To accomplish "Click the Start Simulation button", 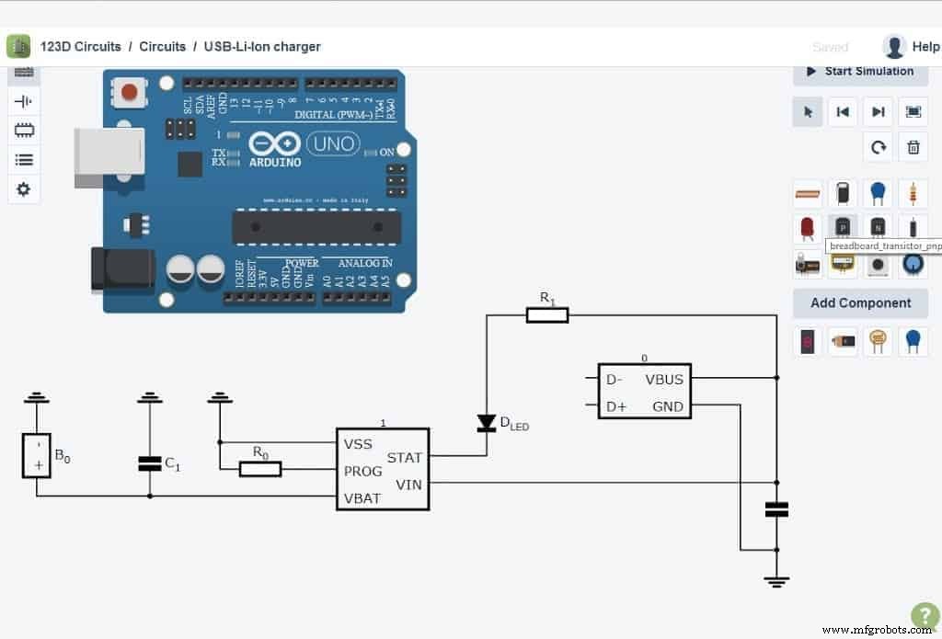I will pyautogui.click(x=860, y=72).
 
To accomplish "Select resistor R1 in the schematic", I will pyautogui.click(x=546, y=315).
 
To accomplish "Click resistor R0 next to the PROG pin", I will pyautogui.click(x=260, y=469).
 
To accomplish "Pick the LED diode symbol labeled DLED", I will pyautogui.click(x=486, y=423).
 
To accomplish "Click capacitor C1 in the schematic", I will pyautogui.click(x=150, y=463).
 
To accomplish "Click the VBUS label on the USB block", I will pyautogui.click(x=663, y=379).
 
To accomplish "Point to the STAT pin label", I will pyautogui.click(x=404, y=457).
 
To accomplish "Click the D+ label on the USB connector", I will pyautogui.click(x=615, y=405).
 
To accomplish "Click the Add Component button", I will pyautogui.click(x=860, y=302).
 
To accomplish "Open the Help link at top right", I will pyautogui.click(x=925, y=46).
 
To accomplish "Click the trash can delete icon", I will pyautogui.click(x=913, y=147).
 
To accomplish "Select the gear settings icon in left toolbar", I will pyautogui.click(x=23, y=188).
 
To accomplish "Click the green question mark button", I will pyautogui.click(x=924, y=615).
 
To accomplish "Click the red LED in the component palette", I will pyautogui.click(x=807, y=227).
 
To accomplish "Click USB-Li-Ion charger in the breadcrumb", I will pyautogui.click(x=262, y=46).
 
